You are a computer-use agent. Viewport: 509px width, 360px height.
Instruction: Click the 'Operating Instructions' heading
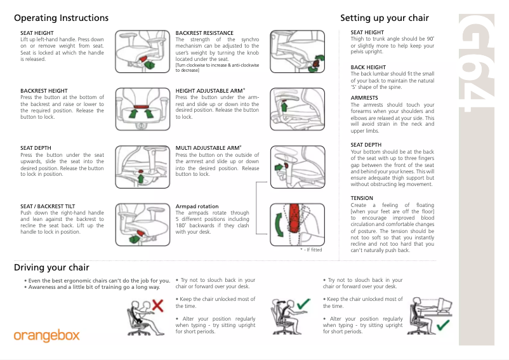coord(61,18)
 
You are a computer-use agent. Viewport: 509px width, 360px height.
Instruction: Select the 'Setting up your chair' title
coord(385,18)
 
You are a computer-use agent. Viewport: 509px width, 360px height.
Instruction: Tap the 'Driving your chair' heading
coord(51,267)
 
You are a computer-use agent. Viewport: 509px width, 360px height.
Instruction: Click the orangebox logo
coord(47,335)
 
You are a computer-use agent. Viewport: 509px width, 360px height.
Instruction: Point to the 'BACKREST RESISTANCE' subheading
coord(204,33)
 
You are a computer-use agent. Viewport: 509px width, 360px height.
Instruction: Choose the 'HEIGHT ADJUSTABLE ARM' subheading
coord(209,91)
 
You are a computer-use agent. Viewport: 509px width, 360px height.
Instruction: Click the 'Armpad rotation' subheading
coord(197,206)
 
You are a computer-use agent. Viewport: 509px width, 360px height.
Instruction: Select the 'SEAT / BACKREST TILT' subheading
coord(48,206)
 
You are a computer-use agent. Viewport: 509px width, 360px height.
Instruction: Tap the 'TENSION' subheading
coord(362,198)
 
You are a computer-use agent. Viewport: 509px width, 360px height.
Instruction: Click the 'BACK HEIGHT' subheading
coord(368,67)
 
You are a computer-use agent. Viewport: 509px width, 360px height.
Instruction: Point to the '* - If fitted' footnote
coord(311,250)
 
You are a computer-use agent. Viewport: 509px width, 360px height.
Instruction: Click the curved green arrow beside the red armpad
coord(277,226)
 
